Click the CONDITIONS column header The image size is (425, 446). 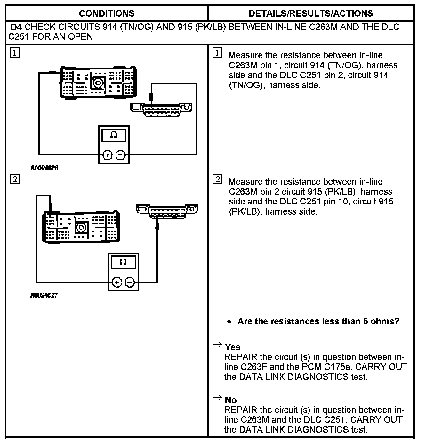107,13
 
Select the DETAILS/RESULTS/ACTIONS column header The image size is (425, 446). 310,13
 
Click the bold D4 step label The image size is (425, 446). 16,27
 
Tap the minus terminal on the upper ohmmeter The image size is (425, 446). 120,155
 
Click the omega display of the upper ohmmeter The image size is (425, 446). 114,135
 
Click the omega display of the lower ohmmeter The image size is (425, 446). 123,262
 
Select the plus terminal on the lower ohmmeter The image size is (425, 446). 117,283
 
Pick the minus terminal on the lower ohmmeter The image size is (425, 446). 130,283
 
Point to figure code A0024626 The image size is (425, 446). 44,168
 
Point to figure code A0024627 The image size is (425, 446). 44,295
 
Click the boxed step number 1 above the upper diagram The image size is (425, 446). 15,52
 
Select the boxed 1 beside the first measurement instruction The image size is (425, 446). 217,53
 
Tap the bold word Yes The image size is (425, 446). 233,347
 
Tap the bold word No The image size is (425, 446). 231,400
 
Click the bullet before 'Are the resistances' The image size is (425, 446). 229,322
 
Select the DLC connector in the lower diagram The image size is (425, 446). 167,210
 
